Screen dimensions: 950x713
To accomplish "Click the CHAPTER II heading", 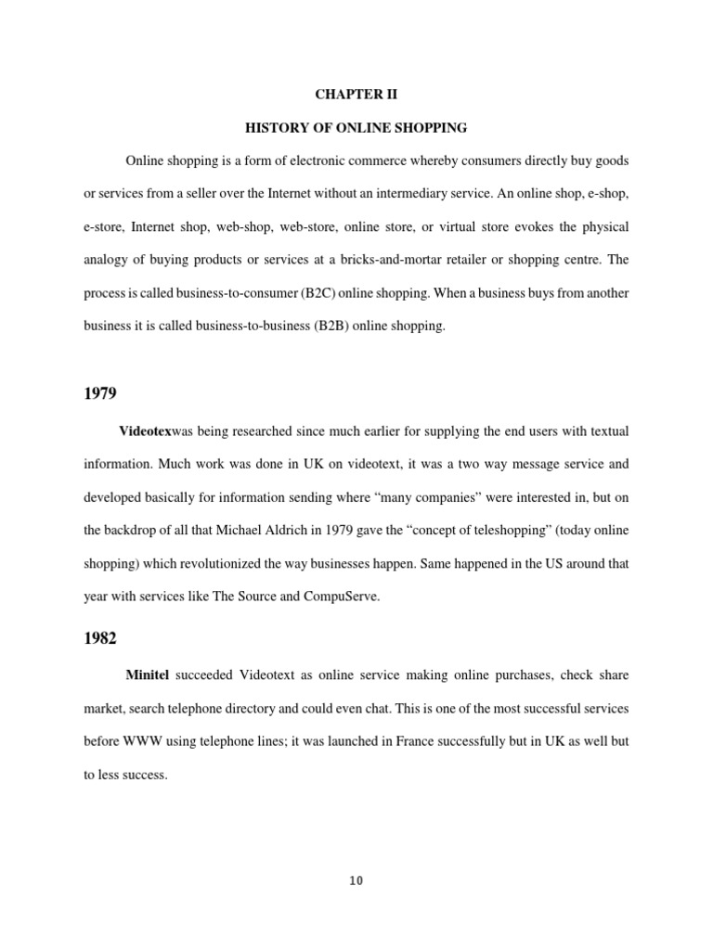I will [x=356, y=94].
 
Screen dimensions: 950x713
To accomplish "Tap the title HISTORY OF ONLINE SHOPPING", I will [x=356, y=127].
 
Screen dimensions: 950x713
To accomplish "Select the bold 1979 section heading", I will [x=99, y=393].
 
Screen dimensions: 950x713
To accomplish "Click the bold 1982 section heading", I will [x=99, y=639].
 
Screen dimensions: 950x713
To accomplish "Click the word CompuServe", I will [x=341, y=596].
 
